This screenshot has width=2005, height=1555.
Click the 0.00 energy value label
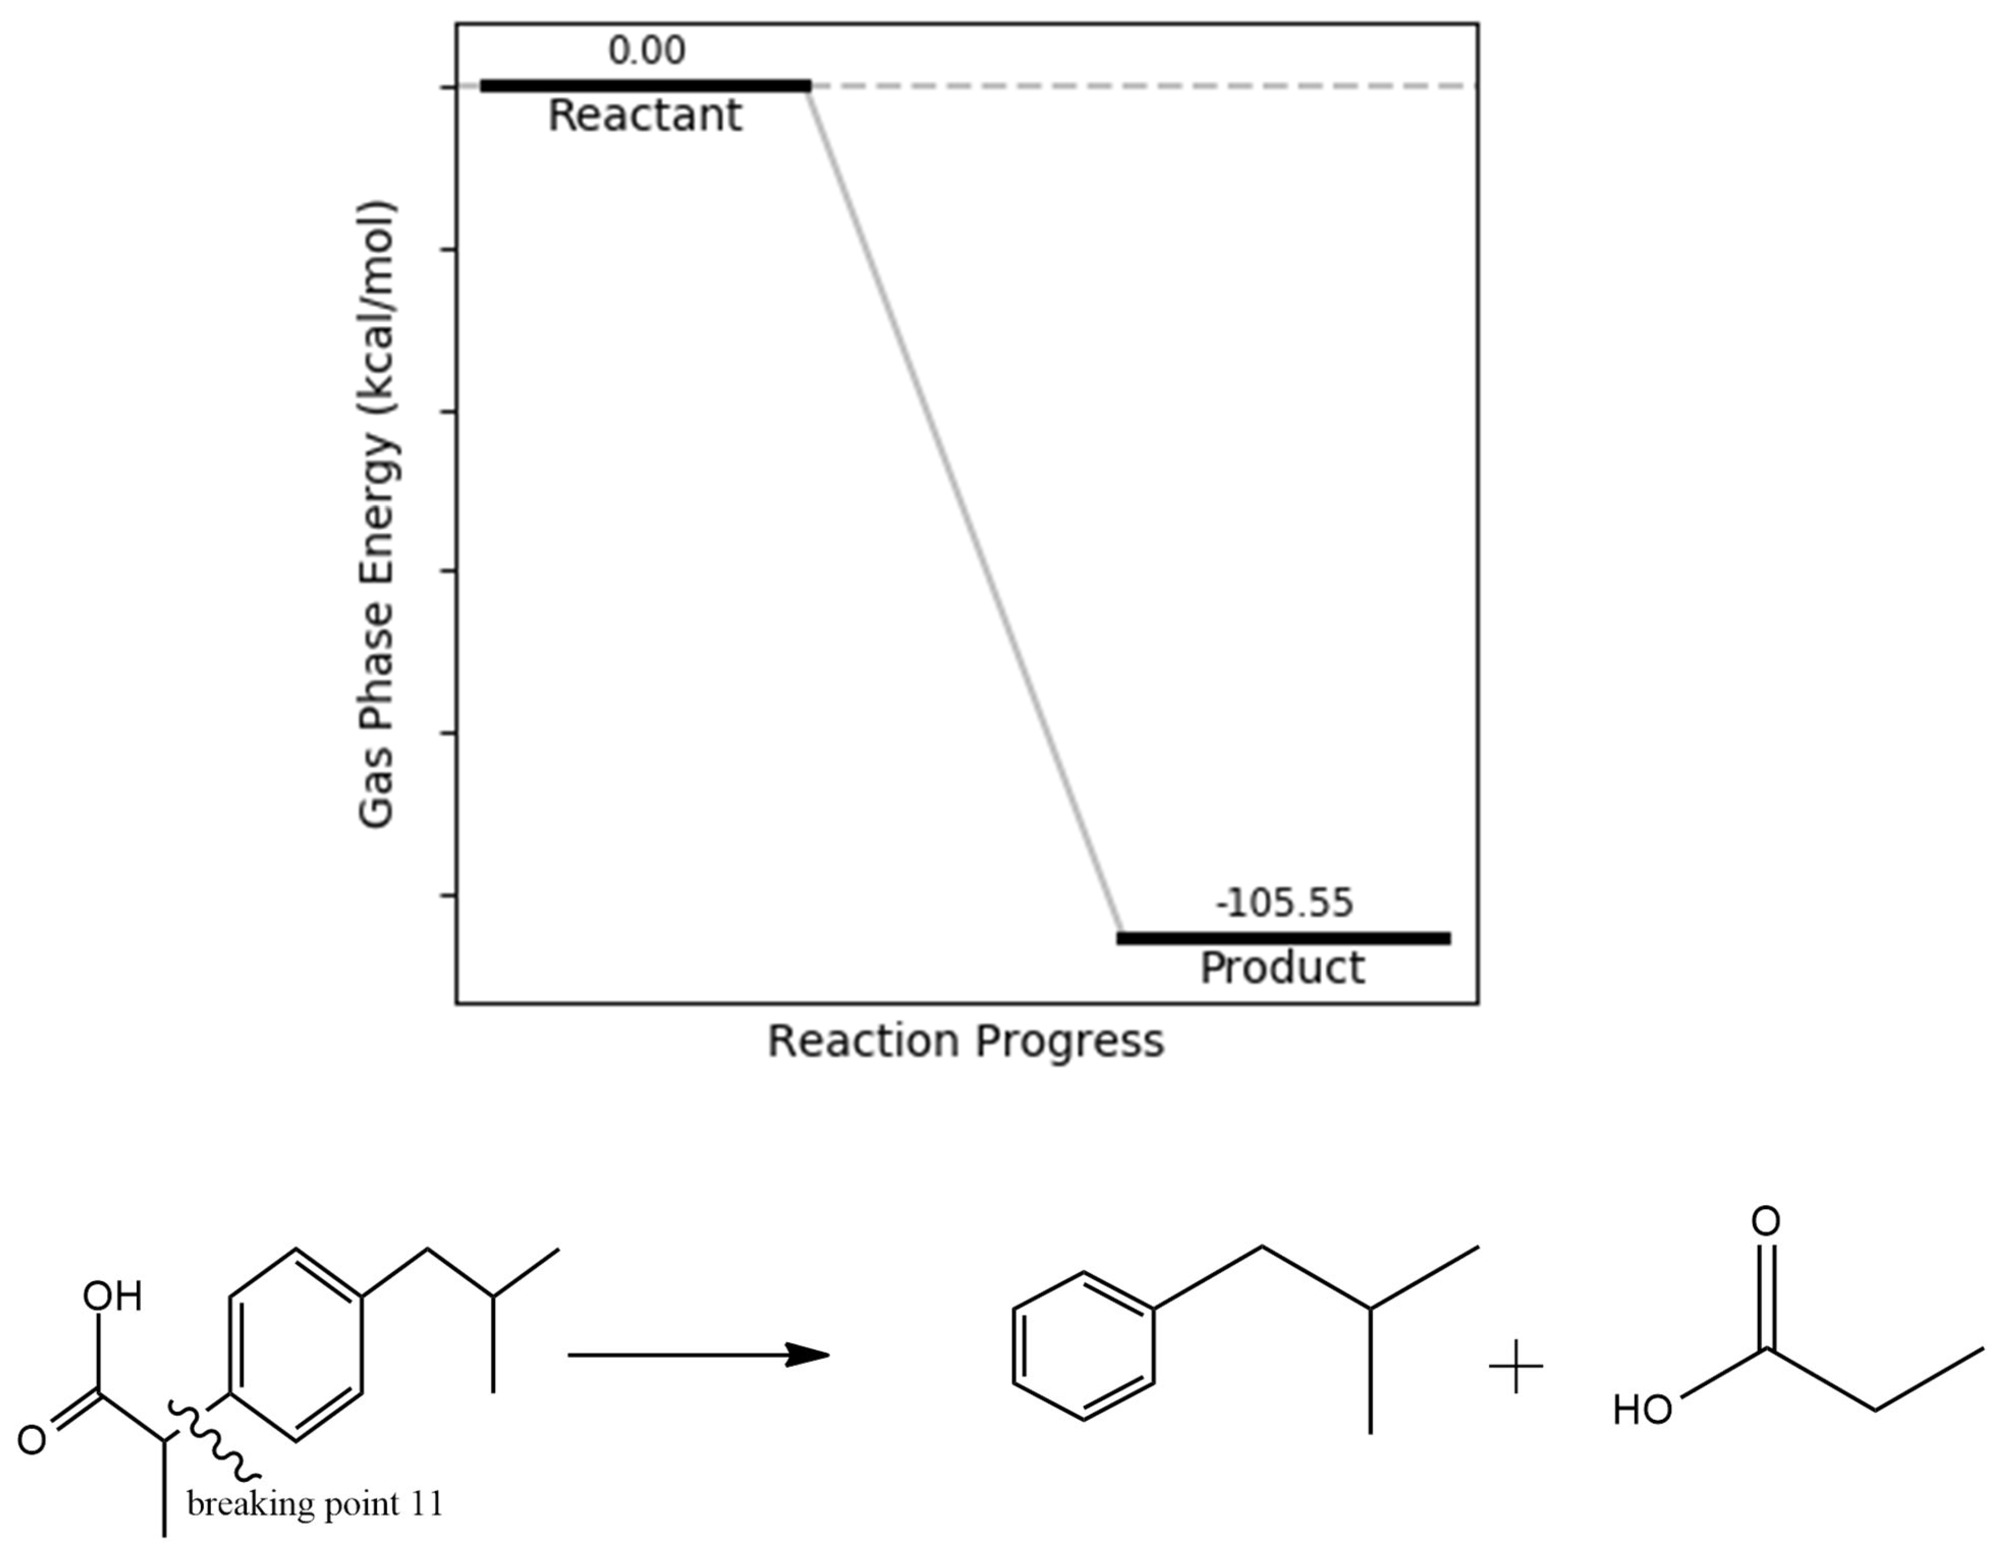[x=647, y=50]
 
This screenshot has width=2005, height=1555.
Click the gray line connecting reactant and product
[x=964, y=512]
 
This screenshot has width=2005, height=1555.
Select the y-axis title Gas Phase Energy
[x=377, y=514]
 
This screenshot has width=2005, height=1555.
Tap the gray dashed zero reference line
[x=1147, y=86]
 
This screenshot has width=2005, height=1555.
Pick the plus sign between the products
[x=1516, y=1367]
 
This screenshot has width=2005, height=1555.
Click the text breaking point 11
[x=315, y=1504]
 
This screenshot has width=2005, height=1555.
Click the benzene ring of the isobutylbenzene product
[x=1083, y=1346]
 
